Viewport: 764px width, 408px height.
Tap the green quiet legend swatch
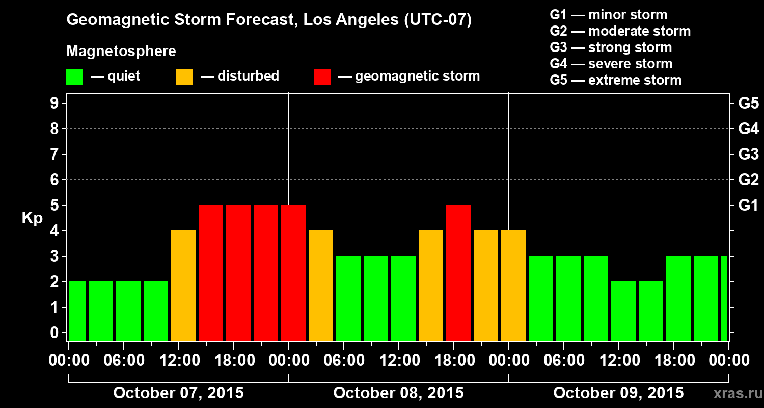point(74,77)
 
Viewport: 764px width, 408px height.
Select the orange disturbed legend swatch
point(184,77)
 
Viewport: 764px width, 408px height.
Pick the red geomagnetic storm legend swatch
point(322,77)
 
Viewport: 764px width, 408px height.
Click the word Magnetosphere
point(121,52)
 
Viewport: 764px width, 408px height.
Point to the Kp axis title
point(32,218)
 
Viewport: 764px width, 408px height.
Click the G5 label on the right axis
point(748,103)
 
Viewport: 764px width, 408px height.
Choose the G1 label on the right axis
point(748,205)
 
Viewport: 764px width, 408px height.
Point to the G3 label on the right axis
point(748,154)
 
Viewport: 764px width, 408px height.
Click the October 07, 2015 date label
point(178,393)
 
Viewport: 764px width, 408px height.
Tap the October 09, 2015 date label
point(618,393)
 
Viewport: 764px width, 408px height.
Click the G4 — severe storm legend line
point(611,64)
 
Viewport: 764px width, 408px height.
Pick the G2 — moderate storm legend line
point(620,31)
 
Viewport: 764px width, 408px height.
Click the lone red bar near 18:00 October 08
point(458,273)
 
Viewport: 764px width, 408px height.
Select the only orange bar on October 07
point(183,286)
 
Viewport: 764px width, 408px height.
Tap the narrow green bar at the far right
point(724,298)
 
